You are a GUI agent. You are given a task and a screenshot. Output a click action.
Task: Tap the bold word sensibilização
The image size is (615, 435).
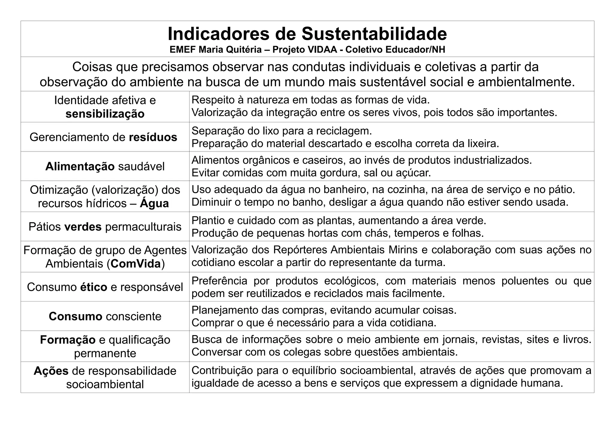[105, 114]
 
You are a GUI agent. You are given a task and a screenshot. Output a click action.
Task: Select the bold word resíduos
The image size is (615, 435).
[153, 137]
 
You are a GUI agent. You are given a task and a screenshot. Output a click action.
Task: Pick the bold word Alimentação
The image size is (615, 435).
[80, 166]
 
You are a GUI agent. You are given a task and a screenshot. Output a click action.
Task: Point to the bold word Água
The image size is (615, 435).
[154, 204]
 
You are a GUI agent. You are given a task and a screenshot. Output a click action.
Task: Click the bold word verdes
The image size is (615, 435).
[83, 227]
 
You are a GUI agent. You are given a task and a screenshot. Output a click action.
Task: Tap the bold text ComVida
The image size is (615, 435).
[136, 264]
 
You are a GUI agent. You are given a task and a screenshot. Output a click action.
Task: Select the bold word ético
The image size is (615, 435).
[94, 287]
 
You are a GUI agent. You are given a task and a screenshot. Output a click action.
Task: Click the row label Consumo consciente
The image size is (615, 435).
[105, 316]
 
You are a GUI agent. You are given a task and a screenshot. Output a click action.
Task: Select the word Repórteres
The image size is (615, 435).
[303, 250]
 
